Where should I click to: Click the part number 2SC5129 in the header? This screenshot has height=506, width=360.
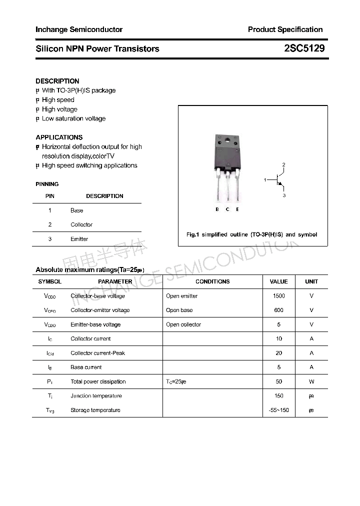tap(304, 48)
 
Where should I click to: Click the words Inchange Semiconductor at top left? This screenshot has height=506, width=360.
tap(79, 29)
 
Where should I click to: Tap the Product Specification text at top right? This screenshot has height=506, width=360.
tap(285, 29)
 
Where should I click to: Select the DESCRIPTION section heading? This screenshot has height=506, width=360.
tap(57, 81)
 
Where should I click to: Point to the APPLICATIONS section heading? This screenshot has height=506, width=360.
tap(59, 137)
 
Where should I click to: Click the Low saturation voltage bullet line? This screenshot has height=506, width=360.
tap(73, 118)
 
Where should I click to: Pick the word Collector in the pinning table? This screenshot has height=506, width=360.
tap(81, 224)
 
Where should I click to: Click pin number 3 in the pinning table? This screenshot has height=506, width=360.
tap(50, 239)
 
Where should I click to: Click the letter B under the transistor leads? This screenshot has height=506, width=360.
tap(217, 209)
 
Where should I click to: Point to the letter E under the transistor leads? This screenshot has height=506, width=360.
tap(237, 209)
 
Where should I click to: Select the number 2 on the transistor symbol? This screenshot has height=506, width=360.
tap(283, 164)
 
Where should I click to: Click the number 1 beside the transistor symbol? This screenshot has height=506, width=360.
tap(265, 179)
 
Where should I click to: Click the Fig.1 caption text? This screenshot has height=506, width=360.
tap(251, 234)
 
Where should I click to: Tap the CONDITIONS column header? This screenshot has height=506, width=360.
tap(212, 281)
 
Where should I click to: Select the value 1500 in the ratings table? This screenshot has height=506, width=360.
tap(278, 296)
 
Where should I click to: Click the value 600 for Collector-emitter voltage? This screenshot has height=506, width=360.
tap(278, 310)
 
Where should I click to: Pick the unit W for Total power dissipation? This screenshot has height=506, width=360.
tap(311, 381)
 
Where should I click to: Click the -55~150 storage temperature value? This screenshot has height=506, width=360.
tap(278, 410)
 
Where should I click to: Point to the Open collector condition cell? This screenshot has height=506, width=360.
tap(183, 324)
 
